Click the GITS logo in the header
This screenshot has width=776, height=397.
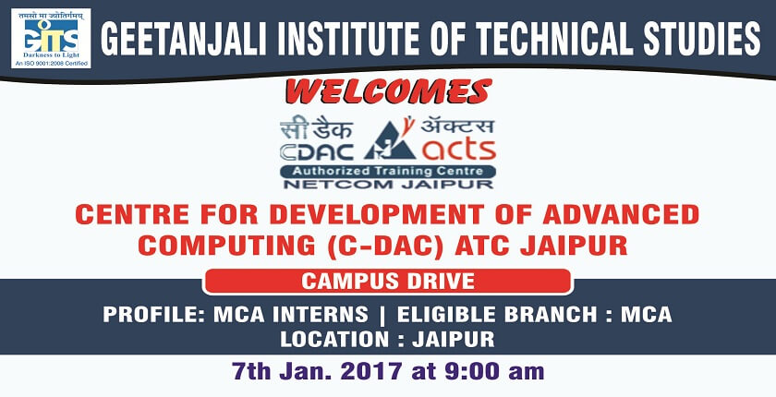coord(51,38)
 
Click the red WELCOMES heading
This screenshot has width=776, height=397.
coord(389,91)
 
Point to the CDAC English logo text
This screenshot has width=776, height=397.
coord(317,151)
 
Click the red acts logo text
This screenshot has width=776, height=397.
coord(458,150)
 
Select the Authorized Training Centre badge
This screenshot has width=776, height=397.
coord(387,172)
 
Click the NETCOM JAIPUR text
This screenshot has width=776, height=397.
coord(388,185)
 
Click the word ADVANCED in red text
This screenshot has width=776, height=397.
coord(621,214)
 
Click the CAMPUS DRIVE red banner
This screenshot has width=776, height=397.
coord(387,282)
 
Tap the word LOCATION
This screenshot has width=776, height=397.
coord(334,340)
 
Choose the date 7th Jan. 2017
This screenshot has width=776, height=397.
coord(317,372)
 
